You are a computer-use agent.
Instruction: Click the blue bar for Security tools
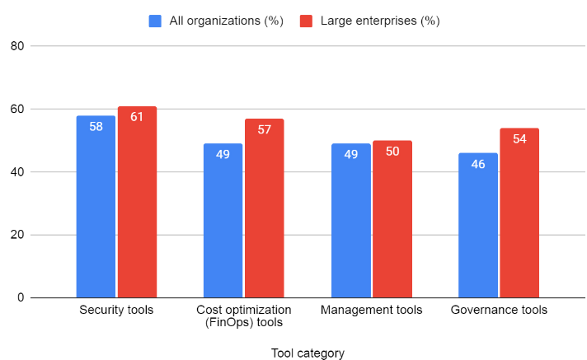96,206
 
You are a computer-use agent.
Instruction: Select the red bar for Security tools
137,202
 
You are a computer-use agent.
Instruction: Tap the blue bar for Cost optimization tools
223,220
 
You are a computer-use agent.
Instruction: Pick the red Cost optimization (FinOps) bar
264,208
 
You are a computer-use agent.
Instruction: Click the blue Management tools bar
350,220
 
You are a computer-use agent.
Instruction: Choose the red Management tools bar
392,218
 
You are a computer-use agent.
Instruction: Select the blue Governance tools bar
478,225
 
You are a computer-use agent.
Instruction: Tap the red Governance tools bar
519,213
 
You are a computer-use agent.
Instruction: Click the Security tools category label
116,310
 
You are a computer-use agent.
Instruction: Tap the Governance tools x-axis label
499,310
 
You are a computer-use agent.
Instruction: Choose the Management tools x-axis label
371,310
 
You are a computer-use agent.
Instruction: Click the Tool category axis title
308,353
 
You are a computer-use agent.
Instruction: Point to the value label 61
137,117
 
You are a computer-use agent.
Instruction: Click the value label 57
264,129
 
